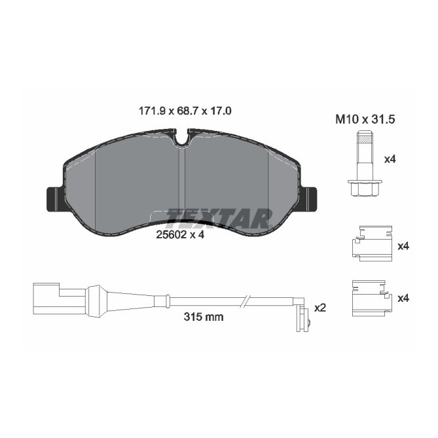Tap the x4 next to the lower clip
[x=403, y=298]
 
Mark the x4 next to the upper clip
[x=403, y=246]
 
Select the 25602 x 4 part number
[x=181, y=236]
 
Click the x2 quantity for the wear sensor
[x=320, y=308]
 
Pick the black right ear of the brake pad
[x=310, y=198]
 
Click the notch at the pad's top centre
[x=182, y=136]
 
